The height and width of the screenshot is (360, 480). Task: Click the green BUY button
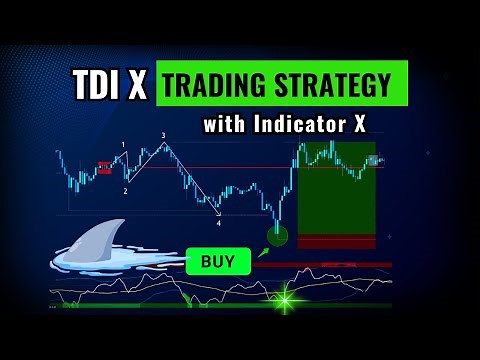coord(217,262)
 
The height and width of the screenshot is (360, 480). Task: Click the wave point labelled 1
coord(123,146)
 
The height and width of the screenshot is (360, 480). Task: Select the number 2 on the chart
coord(126,190)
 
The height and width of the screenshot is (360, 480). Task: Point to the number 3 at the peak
coord(163,135)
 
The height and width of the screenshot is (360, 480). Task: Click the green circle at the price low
coord(277,236)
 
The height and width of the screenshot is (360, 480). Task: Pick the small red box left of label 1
coord(104,168)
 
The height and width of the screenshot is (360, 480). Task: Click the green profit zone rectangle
coord(335,190)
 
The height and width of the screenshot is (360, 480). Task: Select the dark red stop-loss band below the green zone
coord(335,241)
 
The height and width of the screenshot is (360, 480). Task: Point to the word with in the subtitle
coord(225,126)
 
